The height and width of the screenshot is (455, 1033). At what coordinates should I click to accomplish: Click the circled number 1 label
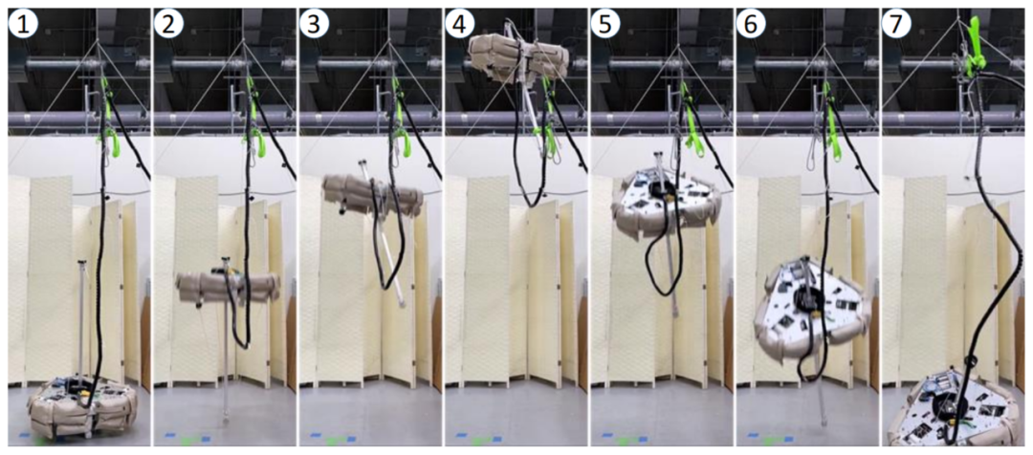23,24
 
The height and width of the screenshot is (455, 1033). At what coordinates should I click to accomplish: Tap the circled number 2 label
168,24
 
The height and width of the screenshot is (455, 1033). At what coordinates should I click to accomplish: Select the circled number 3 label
315,24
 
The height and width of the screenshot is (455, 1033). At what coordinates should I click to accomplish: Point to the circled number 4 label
460,24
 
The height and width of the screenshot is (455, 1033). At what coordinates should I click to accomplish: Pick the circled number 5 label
605,24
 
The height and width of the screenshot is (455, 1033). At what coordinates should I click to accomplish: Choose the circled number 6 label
751,24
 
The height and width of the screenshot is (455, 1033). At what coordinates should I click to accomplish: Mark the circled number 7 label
896,24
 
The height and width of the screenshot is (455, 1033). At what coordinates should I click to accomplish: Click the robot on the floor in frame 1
82,408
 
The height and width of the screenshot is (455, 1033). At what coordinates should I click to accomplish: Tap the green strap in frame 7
974,42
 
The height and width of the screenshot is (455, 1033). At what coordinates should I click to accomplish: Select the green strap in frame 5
690,121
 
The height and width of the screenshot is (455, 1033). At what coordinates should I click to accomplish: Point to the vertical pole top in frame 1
81,264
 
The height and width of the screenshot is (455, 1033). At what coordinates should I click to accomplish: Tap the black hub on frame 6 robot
805,299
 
